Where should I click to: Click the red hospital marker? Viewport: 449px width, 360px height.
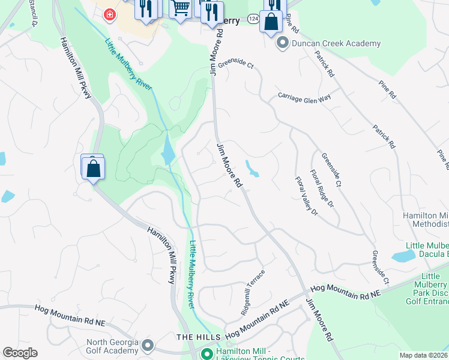click(109, 14)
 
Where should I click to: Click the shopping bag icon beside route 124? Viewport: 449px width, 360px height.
click(271, 22)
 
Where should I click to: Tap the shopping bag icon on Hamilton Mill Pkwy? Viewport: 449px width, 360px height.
click(94, 168)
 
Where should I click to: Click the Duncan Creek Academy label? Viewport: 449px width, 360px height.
click(336, 43)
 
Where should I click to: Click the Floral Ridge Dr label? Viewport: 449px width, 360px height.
click(321, 188)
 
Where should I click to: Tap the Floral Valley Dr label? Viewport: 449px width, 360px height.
click(306, 196)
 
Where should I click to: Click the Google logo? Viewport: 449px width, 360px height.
click(20, 353)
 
